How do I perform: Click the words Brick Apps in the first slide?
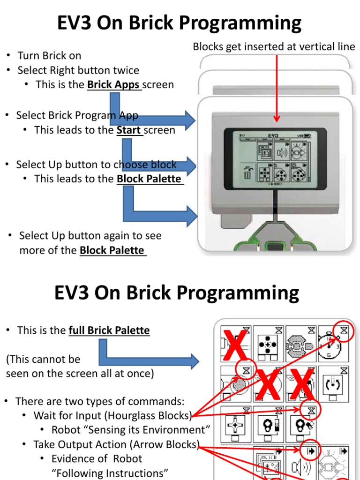pyautogui.click(x=114, y=85)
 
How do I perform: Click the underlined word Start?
pyautogui.click(x=129, y=130)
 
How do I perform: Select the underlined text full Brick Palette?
pyautogui.click(x=109, y=330)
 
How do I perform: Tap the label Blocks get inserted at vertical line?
pyautogui.click(x=274, y=46)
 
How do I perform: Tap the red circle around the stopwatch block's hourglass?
pyautogui.click(x=345, y=330)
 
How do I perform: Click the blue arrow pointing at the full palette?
pyautogui.click(x=150, y=356)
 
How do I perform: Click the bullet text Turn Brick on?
pyautogui.click(x=49, y=56)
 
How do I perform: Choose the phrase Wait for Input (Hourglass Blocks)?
pyautogui.click(x=112, y=416)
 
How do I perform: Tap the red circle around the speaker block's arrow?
pyautogui.click(x=310, y=451)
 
